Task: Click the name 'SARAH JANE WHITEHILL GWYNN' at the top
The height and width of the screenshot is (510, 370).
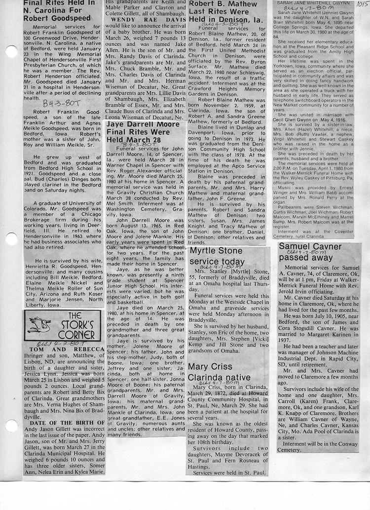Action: [312, 2]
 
